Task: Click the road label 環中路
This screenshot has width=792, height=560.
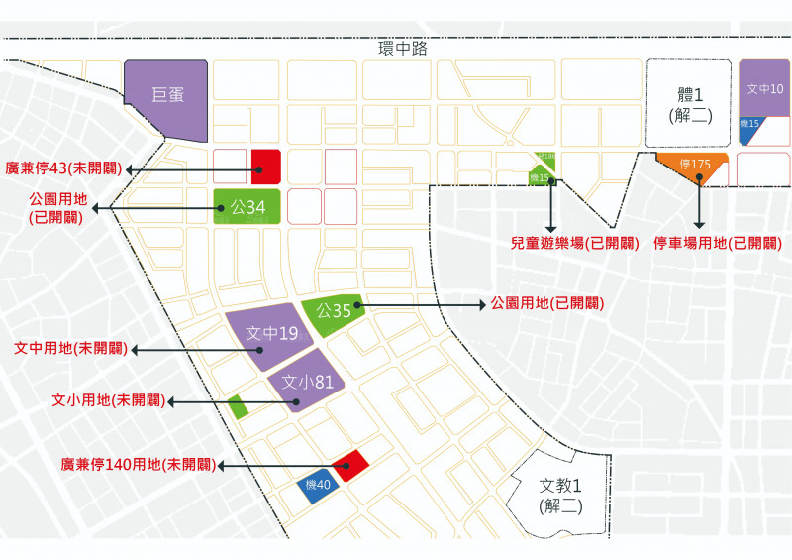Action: coord(402,48)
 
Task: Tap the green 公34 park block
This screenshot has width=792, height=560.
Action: coord(247,207)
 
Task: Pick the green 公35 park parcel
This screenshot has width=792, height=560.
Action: coord(334,310)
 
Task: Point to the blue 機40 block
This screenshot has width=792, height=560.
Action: coord(318,486)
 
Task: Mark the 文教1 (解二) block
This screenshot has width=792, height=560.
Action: coord(560,493)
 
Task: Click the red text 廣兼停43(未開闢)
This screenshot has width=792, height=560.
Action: coord(64,168)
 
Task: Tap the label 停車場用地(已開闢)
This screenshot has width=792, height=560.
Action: coord(718,243)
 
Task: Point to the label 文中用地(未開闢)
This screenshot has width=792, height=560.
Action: coord(69,349)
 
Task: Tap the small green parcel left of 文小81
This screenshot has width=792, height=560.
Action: coord(238,406)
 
